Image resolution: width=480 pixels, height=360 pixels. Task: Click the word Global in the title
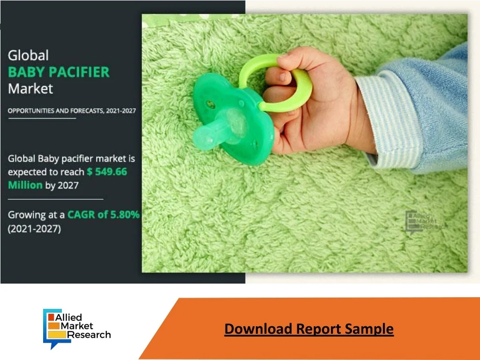[28, 55]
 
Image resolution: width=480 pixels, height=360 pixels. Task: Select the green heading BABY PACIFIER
[59, 72]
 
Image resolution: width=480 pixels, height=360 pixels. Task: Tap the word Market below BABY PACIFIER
[30, 89]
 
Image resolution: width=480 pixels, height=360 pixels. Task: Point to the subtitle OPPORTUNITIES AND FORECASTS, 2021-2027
[72, 111]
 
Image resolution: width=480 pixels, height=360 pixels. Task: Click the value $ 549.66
[107, 172]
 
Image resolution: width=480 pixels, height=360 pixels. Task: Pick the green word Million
[25, 185]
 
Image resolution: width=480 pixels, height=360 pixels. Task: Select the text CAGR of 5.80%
[104, 215]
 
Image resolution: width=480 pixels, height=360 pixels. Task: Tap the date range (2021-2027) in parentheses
[34, 229]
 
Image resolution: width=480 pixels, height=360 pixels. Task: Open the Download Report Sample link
[309, 329]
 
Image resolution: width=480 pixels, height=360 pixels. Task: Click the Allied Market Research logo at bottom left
[77, 329]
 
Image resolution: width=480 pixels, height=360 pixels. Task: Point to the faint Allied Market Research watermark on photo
[426, 222]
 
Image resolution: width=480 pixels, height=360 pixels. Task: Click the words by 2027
[62, 185]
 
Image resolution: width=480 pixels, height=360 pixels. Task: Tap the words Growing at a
[36, 215]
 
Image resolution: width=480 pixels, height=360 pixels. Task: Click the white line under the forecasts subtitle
[42, 118]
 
